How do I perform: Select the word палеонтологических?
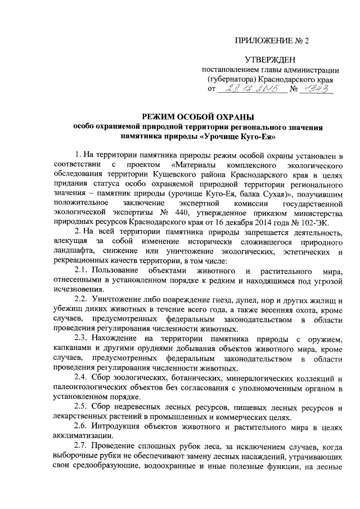click(92, 389)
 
